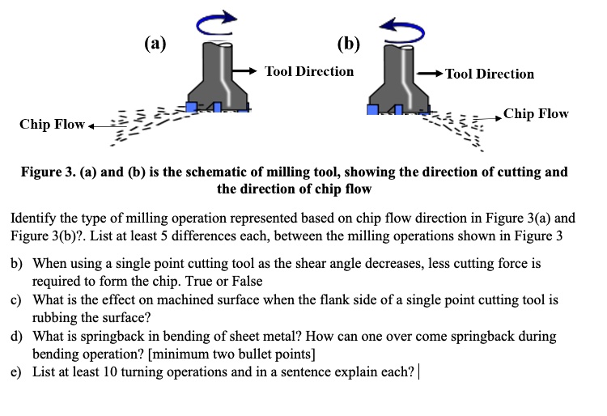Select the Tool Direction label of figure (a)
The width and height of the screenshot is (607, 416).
click(x=309, y=71)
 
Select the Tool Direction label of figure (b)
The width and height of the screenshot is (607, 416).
click(x=490, y=74)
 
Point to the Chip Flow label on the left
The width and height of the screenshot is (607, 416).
click(x=52, y=125)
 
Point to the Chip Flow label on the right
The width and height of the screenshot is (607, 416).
click(x=536, y=113)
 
